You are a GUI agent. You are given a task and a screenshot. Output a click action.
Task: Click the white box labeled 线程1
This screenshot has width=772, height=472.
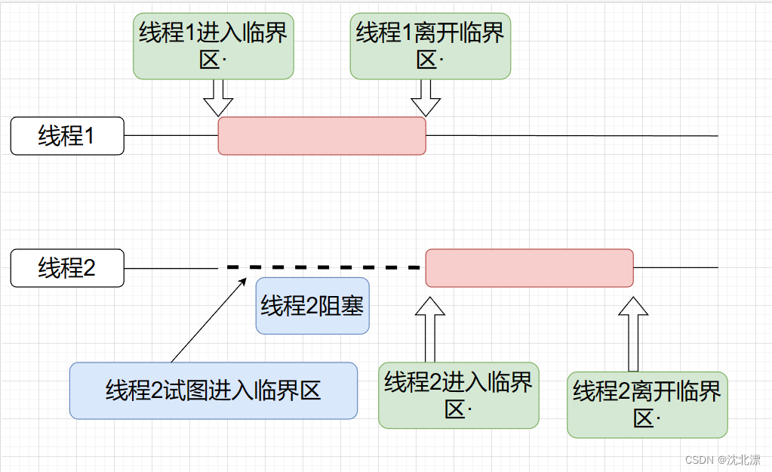click(x=67, y=136)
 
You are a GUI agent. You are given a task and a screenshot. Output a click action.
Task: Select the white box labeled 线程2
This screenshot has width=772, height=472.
click(x=67, y=268)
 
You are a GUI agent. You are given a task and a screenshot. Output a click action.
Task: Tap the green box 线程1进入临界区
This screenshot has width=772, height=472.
click(x=214, y=46)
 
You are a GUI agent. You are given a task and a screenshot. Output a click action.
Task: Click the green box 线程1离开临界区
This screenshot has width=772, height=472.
click(x=430, y=46)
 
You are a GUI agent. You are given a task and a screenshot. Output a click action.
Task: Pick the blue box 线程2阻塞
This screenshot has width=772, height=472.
click(x=312, y=306)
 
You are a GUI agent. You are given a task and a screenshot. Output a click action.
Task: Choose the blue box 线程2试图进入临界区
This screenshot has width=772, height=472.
click(x=214, y=390)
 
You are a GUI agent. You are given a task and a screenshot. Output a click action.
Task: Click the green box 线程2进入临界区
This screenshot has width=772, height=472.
click(x=459, y=396)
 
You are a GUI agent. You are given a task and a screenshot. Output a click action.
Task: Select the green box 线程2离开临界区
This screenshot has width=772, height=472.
click(x=647, y=405)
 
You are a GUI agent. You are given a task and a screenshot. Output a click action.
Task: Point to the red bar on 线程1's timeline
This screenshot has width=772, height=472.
click(x=322, y=136)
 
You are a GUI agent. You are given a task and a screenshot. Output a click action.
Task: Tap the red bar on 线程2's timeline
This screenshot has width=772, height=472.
click(x=530, y=268)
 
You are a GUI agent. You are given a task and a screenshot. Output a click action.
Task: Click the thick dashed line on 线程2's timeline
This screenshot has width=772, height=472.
click(x=323, y=267)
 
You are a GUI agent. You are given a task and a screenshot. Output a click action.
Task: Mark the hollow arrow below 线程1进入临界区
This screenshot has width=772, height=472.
click(x=218, y=97)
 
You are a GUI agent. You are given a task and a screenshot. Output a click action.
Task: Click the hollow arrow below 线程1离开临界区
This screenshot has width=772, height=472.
click(x=426, y=97)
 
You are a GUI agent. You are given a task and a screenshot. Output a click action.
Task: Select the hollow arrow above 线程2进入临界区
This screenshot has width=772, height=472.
click(x=430, y=329)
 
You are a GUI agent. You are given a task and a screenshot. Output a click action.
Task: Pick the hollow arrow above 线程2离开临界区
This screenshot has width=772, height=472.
click(x=633, y=334)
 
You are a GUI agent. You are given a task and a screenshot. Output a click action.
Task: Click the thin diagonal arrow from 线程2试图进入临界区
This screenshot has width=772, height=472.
click(x=209, y=320)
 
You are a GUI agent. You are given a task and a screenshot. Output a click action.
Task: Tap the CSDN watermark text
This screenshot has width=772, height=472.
click(x=723, y=460)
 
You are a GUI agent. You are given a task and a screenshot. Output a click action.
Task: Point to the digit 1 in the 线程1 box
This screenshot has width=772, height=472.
click(x=88, y=136)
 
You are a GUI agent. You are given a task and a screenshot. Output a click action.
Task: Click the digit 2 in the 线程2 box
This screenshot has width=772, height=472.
click(x=89, y=268)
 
